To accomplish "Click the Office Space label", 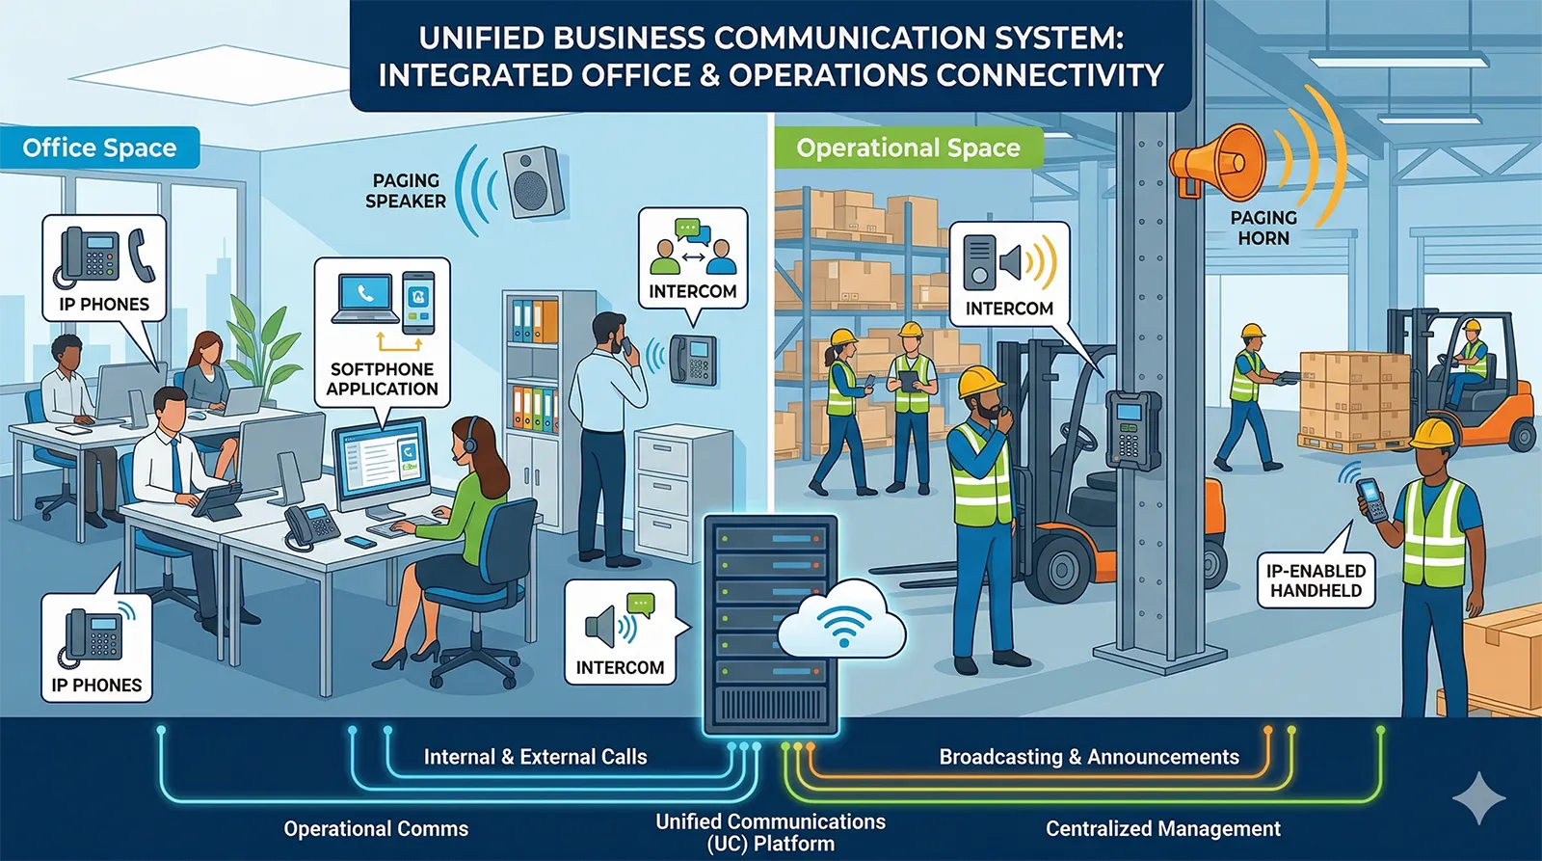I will click(x=99, y=148).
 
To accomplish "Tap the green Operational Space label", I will click(x=908, y=148).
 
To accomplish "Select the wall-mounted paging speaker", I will click(x=533, y=180).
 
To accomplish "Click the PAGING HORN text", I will click(x=1263, y=228).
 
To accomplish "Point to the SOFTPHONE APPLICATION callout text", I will click(x=382, y=379).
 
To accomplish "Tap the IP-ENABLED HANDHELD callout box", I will click(x=1316, y=580).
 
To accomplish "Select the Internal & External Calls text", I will click(x=535, y=757).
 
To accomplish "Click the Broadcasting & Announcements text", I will click(x=1089, y=757).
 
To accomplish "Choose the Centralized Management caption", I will click(x=1162, y=828).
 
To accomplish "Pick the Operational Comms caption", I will click(x=376, y=828).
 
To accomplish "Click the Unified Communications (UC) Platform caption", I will click(x=770, y=832).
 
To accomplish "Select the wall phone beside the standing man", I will click(x=693, y=359).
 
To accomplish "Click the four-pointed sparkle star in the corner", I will click(x=1478, y=798).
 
